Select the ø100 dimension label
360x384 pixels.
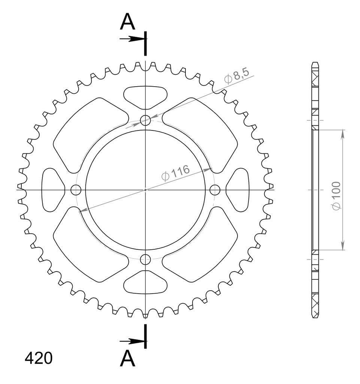336,195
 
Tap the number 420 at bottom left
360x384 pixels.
39,358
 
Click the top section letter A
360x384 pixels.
127,21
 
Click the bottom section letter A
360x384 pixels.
127,358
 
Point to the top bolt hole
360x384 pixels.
145,120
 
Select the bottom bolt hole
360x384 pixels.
145,259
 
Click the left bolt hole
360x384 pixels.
76,190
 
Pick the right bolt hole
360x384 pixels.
215,190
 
